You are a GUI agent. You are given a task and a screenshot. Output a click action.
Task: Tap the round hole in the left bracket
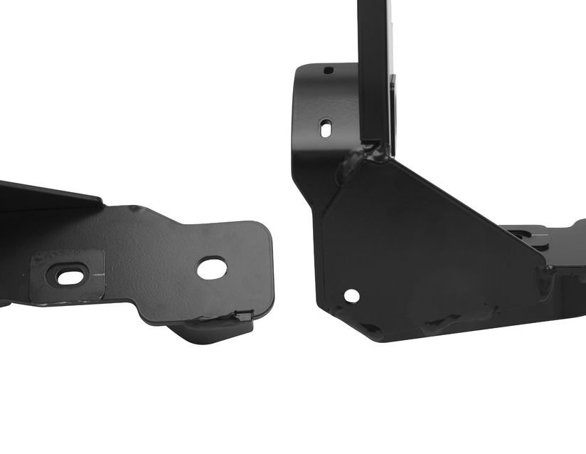(x=211, y=268)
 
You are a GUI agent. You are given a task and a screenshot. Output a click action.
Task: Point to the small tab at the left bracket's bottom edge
(x=243, y=315)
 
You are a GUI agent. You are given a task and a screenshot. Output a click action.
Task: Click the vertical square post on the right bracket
(x=375, y=71)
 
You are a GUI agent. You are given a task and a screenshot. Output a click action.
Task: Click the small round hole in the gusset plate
(x=351, y=295)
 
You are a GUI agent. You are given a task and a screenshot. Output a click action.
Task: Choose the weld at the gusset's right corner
(x=544, y=274)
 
